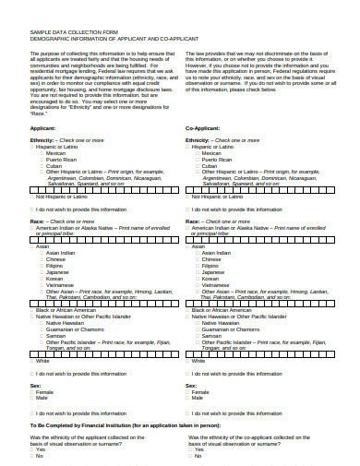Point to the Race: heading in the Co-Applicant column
(x=195, y=221)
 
